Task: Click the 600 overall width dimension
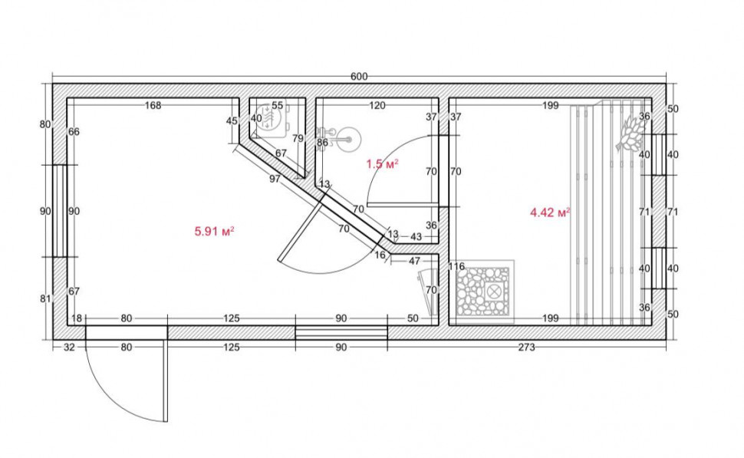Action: tap(359, 77)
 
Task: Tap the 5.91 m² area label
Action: tap(215, 232)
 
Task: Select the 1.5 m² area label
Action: tap(382, 164)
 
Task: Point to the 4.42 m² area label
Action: tap(550, 213)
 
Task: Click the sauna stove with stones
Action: tap(483, 291)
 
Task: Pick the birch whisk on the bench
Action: tap(631, 131)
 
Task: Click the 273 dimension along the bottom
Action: tap(526, 348)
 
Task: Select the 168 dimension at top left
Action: tap(153, 105)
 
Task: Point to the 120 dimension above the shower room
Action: tap(377, 105)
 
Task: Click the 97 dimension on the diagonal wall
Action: tap(275, 179)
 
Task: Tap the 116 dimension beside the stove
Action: tap(456, 266)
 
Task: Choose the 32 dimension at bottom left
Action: tap(69, 348)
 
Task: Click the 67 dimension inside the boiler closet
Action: tap(281, 153)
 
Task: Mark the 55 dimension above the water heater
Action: tap(278, 105)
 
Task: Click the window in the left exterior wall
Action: tap(60, 211)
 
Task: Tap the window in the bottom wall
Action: tap(341, 333)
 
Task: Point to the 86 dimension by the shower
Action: tap(322, 143)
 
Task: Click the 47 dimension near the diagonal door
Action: tap(414, 261)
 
